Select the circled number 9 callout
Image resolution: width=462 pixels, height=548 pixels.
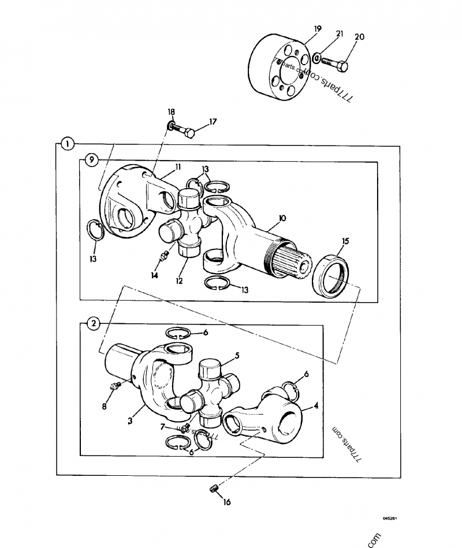[91, 160]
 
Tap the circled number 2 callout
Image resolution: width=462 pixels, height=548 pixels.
[92, 323]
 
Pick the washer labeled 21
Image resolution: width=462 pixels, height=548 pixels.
[317, 58]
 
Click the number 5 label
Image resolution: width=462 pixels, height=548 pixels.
[236, 356]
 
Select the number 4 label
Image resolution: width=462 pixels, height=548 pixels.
[315, 406]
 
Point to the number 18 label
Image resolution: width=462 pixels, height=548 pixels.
[171, 111]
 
